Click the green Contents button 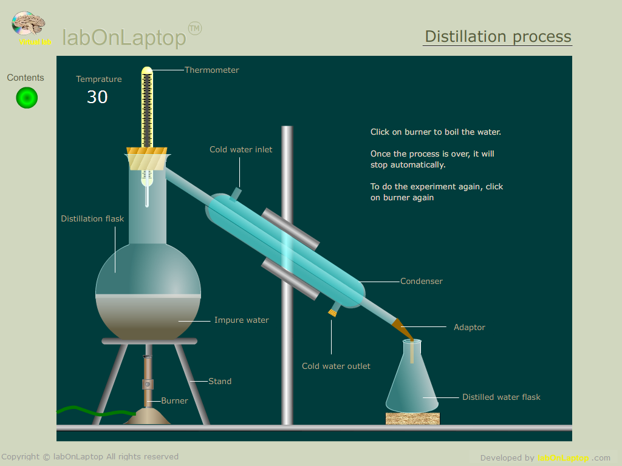click(27, 98)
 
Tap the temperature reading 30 click(97, 97)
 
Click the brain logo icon click(28, 24)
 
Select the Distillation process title click(498, 36)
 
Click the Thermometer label click(212, 70)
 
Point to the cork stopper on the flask click(147, 158)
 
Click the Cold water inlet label click(241, 149)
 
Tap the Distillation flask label click(92, 218)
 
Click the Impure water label click(242, 320)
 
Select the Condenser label click(422, 282)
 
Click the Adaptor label click(470, 327)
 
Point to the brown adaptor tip click(403, 329)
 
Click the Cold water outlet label click(336, 366)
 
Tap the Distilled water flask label click(501, 397)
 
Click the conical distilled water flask click(412, 380)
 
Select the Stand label click(220, 381)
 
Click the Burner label click(174, 400)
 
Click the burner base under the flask click(147, 416)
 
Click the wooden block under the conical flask click(412, 419)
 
